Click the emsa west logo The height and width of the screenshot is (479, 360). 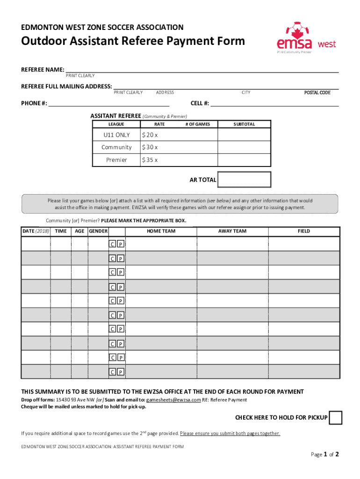tap(306, 38)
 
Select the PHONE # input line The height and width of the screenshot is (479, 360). tap(108, 103)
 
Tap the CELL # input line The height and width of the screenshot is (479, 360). tap(274, 103)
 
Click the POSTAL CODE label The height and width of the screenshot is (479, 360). tap(317, 93)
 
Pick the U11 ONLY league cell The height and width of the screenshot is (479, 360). tap(116, 135)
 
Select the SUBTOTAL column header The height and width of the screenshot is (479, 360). tap(244, 124)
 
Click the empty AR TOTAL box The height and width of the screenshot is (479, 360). tap(244, 180)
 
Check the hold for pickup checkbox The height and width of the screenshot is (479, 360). tap(335, 418)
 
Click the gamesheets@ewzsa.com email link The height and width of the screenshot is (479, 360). tap(173, 400)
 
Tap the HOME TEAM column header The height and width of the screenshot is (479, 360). tap(161, 231)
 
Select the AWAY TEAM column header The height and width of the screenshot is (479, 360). tap(232, 231)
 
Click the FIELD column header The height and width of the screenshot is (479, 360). tap(303, 231)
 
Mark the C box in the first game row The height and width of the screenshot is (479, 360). tap(112, 244)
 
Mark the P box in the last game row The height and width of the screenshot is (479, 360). tap(120, 372)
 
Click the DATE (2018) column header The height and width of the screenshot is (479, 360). tap(36, 231)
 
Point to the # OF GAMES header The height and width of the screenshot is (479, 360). tap(198, 124)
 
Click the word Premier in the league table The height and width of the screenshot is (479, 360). tap(116, 160)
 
